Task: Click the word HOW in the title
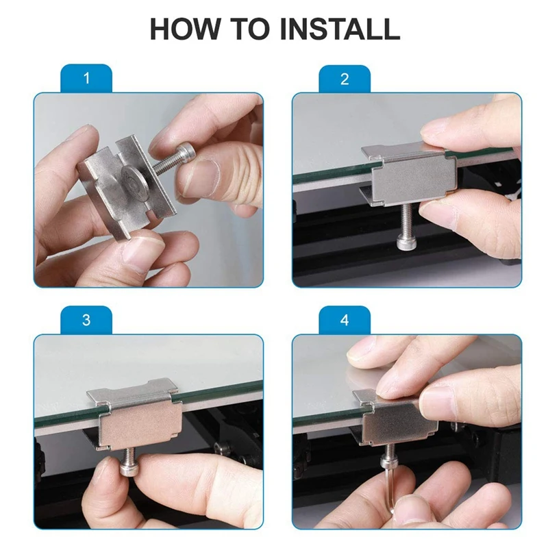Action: tap(185, 29)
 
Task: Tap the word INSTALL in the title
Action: tap(340, 29)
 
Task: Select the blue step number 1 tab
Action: tap(86, 78)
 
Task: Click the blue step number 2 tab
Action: tap(345, 79)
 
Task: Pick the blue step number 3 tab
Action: tap(86, 320)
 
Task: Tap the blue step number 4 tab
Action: tap(345, 320)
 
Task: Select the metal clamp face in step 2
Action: tap(414, 180)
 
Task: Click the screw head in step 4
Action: tap(390, 461)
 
